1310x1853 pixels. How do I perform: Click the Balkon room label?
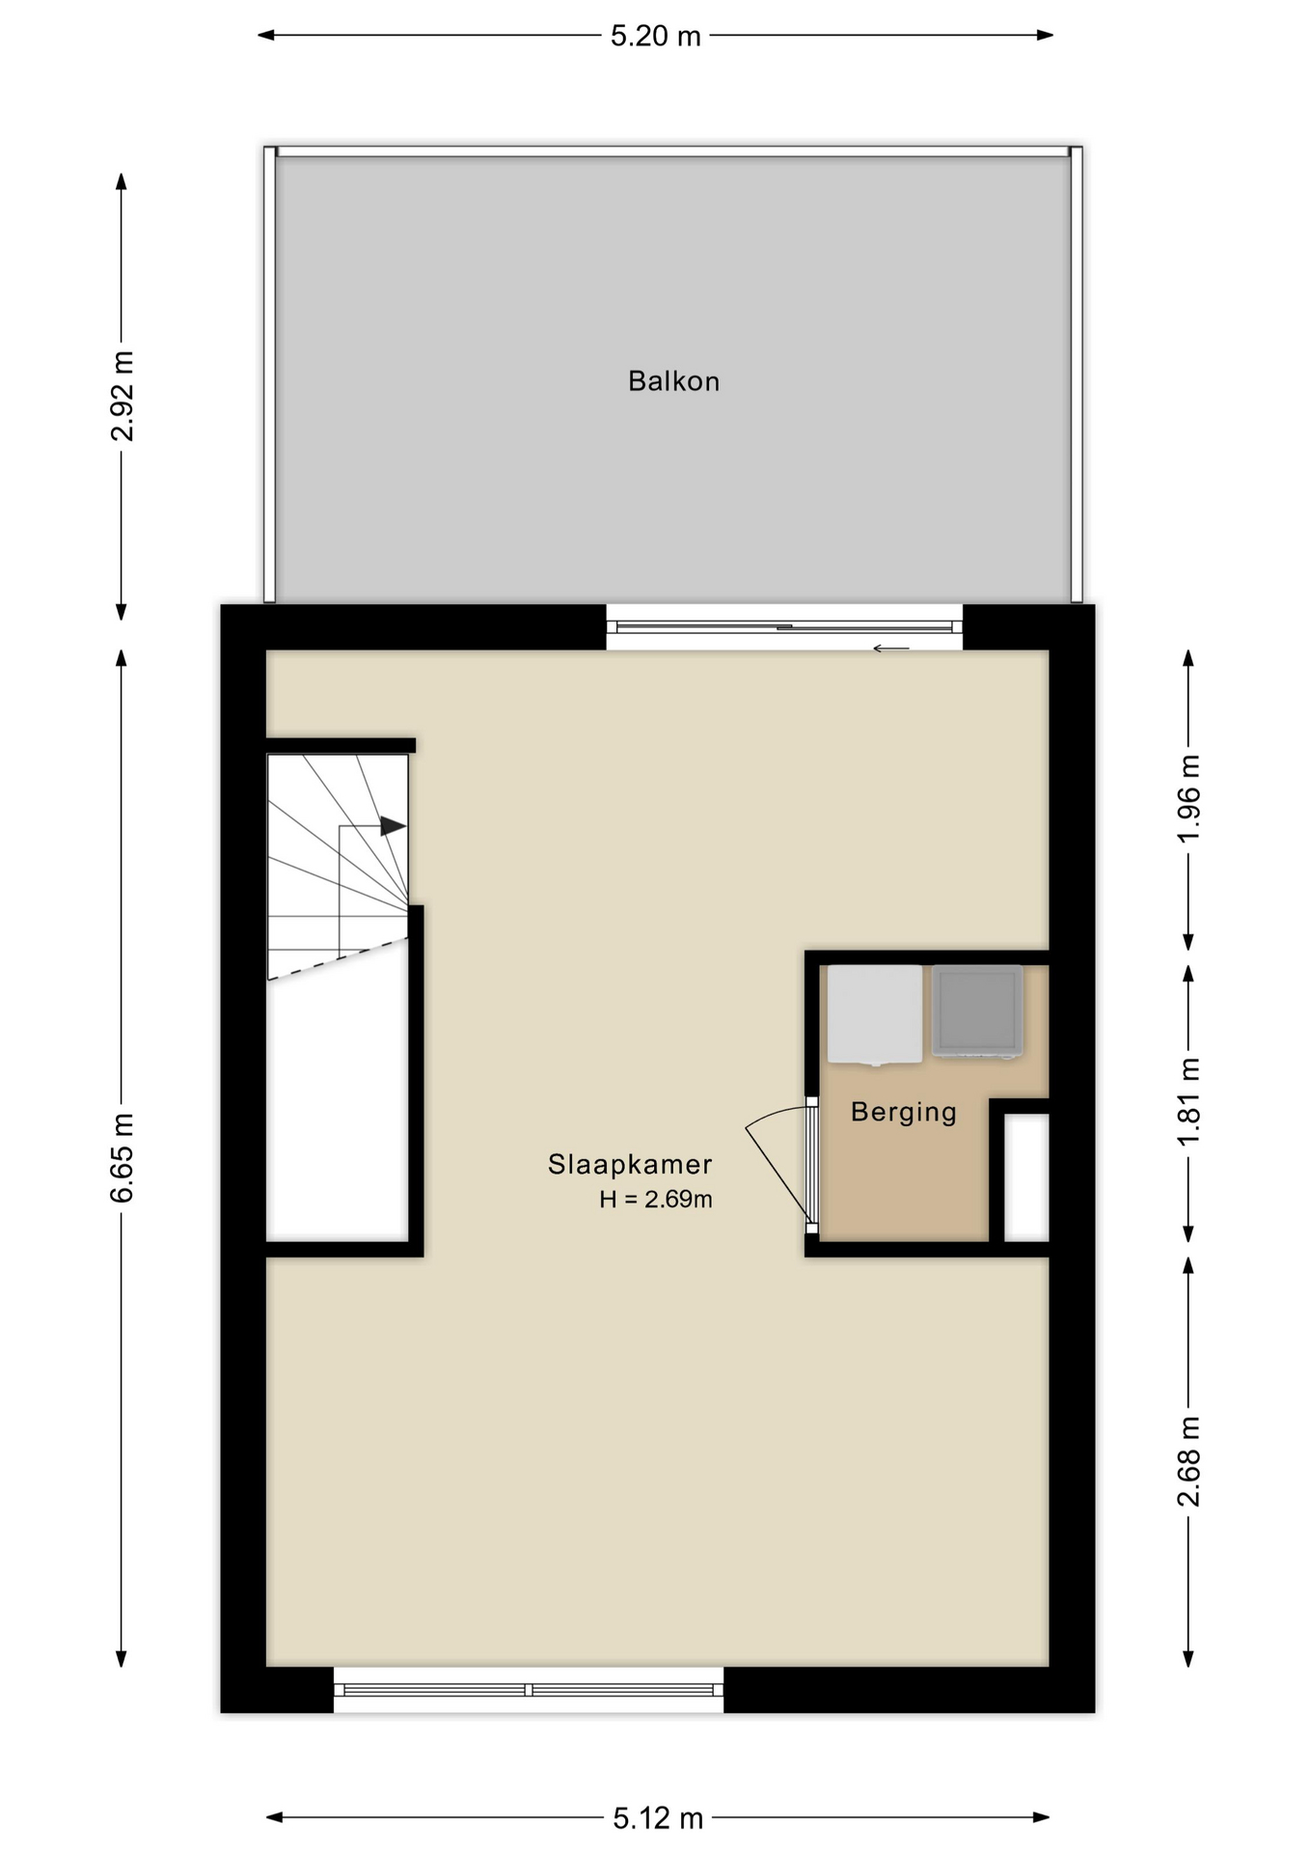[x=673, y=381]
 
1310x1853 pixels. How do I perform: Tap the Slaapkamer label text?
[x=630, y=1164]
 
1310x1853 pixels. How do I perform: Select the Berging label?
[x=904, y=1113]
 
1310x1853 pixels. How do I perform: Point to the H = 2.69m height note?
[x=656, y=1200]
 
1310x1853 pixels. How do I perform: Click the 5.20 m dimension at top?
[x=656, y=36]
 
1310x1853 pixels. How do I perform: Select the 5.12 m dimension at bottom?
[x=658, y=1818]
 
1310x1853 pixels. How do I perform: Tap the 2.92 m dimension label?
[x=123, y=396]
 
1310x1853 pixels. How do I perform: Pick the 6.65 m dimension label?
[x=123, y=1157]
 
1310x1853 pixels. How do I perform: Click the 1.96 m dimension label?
[x=1189, y=798]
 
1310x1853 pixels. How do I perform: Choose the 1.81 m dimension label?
[x=1189, y=1102]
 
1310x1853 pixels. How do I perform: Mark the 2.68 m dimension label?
[x=1189, y=1461]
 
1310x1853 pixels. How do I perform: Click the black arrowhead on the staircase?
[x=393, y=826]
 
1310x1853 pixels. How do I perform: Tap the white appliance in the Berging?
[x=874, y=1014]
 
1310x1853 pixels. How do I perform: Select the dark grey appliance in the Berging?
[x=977, y=1011]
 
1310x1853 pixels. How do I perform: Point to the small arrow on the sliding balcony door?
[x=891, y=649]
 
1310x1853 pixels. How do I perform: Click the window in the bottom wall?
[x=529, y=1690]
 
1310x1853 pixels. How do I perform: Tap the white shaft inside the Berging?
[x=1026, y=1177]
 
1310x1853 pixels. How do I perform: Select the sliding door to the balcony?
[x=784, y=627]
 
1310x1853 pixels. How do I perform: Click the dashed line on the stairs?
[x=338, y=959]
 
